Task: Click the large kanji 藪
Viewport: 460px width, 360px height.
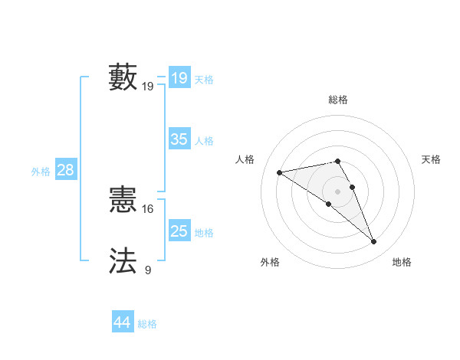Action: [123, 78]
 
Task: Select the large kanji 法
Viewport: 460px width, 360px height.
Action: [123, 260]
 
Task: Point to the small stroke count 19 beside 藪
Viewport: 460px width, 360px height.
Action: [147, 87]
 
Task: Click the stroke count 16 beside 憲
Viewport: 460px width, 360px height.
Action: [147, 208]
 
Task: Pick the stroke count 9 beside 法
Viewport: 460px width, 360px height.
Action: [147, 269]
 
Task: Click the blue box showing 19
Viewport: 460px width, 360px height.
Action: [179, 78]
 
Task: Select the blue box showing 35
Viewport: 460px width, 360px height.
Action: [179, 139]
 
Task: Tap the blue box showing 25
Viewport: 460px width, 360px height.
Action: [179, 231]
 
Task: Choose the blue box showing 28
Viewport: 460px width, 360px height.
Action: [65, 170]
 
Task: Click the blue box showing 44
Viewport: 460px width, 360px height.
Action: [122, 322]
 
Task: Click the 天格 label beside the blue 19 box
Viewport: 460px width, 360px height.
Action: [204, 79]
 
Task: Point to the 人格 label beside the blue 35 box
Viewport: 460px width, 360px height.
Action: [204, 140]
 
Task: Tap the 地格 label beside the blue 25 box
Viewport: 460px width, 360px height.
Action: [204, 232]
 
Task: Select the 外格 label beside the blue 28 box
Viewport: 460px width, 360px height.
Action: [41, 171]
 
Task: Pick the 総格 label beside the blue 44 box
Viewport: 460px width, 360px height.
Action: [147, 323]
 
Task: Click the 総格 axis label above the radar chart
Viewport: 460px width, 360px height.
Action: [338, 100]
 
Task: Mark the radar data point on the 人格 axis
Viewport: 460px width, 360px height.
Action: [279, 172]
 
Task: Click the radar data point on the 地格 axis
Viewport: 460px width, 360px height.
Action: [374, 242]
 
